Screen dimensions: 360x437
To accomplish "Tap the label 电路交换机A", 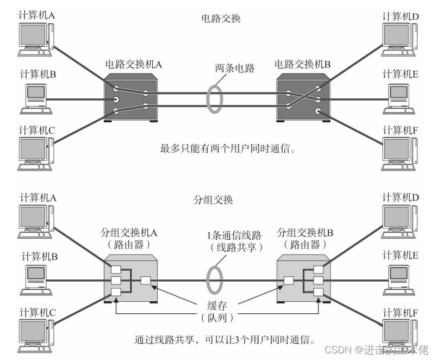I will [133, 64].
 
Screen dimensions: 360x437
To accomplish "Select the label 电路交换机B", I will [303, 64].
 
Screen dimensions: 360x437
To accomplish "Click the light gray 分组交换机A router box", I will [133, 280].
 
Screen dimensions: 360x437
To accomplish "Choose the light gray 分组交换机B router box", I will [304, 280].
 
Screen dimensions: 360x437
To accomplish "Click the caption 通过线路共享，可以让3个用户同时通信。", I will [224, 341].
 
